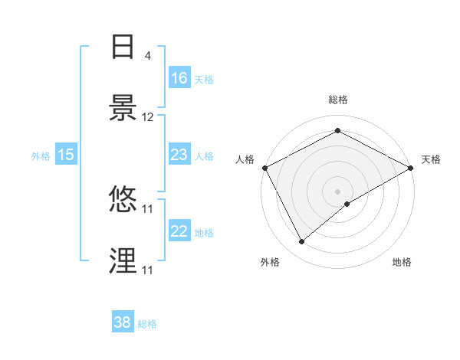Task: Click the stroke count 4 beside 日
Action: pyautogui.click(x=147, y=56)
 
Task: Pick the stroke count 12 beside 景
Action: pyautogui.click(x=148, y=117)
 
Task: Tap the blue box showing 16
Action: pyautogui.click(x=179, y=77)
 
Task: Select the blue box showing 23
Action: pyautogui.click(x=179, y=155)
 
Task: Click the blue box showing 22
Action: pyautogui.click(x=179, y=231)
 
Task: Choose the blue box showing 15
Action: pyautogui.click(x=66, y=155)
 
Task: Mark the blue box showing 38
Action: pyautogui.click(x=123, y=322)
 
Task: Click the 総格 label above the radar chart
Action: pyautogui.click(x=337, y=100)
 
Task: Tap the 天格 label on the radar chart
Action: pyautogui.click(x=431, y=159)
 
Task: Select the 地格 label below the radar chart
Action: pyautogui.click(x=402, y=262)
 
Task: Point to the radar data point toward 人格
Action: pyautogui.click(x=264, y=167)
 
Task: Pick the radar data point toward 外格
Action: pyautogui.click(x=302, y=242)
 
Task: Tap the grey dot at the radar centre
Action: pyautogui.click(x=337, y=191)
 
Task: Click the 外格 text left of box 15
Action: pyautogui.click(x=41, y=155)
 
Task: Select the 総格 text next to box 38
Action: pyautogui.click(x=147, y=324)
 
